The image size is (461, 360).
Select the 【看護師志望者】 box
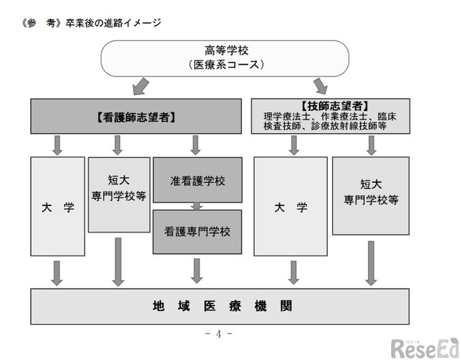point(136,116)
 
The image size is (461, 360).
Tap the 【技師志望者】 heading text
point(331,105)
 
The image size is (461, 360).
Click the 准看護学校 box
point(197,181)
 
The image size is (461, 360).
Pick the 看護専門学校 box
point(197,232)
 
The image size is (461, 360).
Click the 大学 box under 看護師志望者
point(58,207)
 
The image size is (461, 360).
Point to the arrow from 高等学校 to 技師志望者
point(320,86)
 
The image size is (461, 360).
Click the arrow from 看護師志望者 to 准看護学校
point(195,145)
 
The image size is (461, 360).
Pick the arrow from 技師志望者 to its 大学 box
point(294,145)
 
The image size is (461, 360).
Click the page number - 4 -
point(218,333)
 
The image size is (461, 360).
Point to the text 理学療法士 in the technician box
point(285,116)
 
